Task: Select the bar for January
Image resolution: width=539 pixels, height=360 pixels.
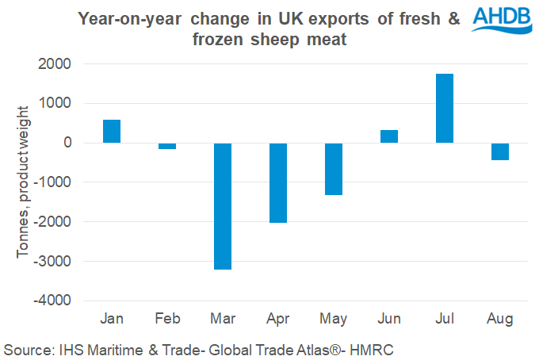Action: pos(112,131)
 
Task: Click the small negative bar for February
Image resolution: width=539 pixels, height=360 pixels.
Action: pos(167,146)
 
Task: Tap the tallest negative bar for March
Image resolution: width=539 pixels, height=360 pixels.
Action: pos(222,206)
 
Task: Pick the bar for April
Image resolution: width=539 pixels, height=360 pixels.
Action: pos(278,182)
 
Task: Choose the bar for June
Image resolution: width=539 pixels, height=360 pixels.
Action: pos(389,136)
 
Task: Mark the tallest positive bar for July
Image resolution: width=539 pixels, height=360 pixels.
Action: pos(445,108)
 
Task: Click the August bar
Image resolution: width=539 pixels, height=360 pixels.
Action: pos(500,151)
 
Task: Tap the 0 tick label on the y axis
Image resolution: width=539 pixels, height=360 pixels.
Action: pos(66,144)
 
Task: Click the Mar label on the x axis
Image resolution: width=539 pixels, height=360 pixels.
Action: pos(222,320)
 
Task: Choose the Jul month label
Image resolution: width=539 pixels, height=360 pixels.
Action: pos(445,320)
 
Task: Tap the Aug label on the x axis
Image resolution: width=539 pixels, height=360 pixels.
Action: pos(500,320)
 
